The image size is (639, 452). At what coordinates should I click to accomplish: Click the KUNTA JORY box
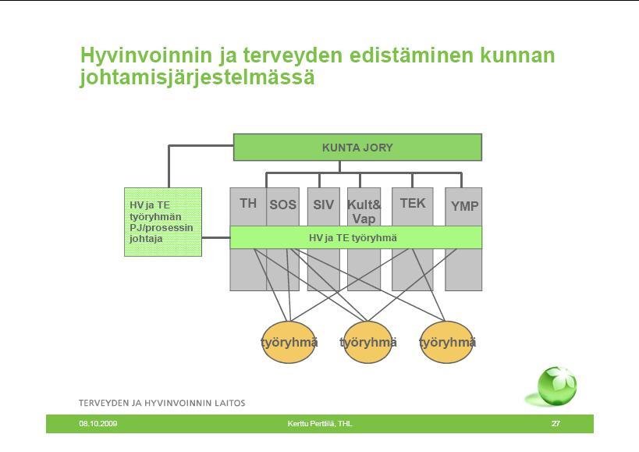click(x=357, y=147)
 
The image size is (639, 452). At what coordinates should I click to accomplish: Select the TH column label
click(x=248, y=203)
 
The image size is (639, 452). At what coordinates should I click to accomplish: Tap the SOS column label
click(x=282, y=205)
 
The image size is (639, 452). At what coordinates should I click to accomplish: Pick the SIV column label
click(x=323, y=205)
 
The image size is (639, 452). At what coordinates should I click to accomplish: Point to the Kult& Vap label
click(x=364, y=212)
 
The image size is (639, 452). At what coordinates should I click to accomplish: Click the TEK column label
click(x=413, y=203)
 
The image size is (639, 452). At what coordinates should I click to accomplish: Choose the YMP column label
click(x=464, y=206)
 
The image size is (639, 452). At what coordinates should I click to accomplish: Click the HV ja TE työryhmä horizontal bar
click(x=356, y=237)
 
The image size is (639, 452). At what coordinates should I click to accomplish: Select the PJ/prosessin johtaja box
click(x=163, y=222)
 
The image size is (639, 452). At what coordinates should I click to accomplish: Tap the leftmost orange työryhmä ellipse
click(x=289, y=342)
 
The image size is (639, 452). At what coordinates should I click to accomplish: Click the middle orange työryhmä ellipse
click(x=367, y=342)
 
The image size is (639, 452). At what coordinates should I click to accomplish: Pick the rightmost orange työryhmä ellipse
click(x=446, y=342)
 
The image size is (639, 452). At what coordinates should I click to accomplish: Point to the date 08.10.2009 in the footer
click(x=98, y=423)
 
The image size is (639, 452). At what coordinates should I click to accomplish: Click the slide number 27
click(x=556, y=423)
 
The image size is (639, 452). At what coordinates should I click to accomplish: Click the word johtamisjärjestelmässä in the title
click(x=197, y=77)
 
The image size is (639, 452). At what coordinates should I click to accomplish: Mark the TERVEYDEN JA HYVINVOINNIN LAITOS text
click(x=162, y=403)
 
